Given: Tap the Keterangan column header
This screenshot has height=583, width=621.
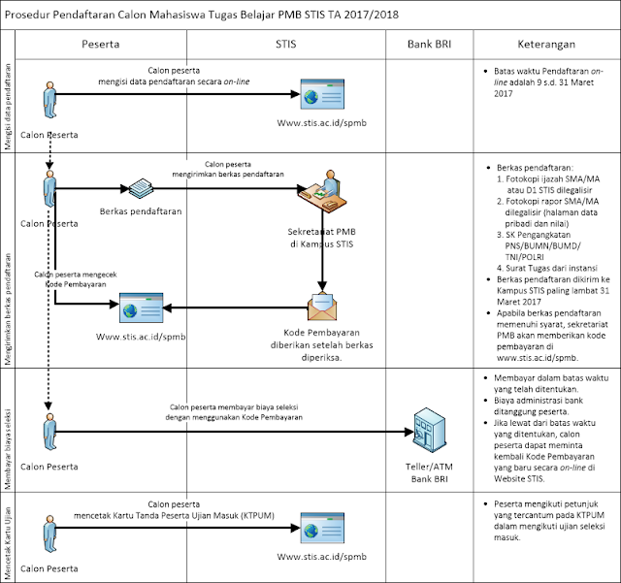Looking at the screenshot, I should [x=546, y=45].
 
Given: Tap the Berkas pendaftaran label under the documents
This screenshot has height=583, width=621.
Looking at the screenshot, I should [x=142, y=210].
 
